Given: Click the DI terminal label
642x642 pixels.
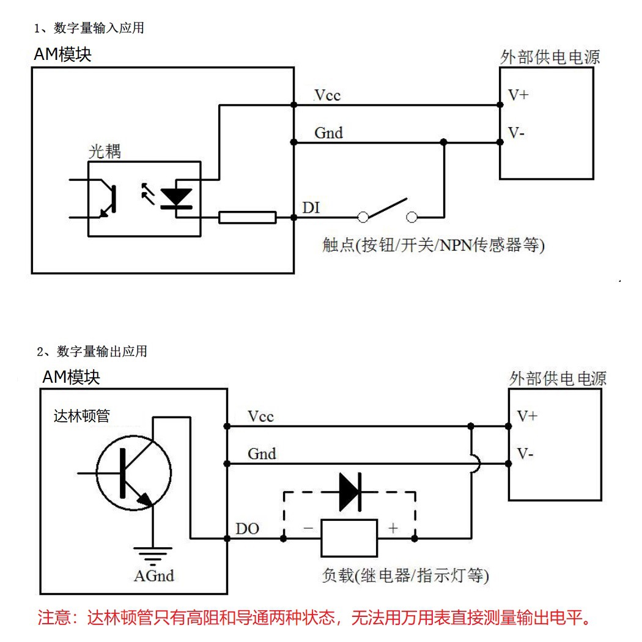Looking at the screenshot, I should coord(311,208).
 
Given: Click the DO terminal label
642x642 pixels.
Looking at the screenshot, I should coord(247,528).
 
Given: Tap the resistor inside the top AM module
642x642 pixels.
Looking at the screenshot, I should coord(248,217).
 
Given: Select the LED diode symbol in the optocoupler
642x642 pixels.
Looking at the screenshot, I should coord(176,197).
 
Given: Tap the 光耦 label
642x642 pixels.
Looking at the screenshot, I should coord(105,152).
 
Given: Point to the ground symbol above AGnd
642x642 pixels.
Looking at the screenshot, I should coord(153,555).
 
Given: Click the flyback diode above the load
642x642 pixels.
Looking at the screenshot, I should coord(350,492).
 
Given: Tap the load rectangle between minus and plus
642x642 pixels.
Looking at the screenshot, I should coord(349,538).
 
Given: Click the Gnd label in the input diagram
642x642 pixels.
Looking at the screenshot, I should coord(328,132).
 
